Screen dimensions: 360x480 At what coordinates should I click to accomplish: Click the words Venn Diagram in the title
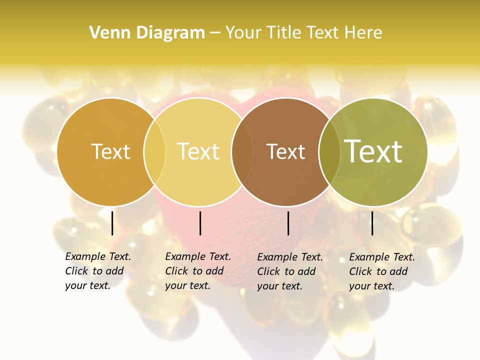pyautogui.click(x=147, y=33)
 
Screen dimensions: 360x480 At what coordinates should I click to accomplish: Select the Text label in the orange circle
pyautogui.click(x=110, y=151)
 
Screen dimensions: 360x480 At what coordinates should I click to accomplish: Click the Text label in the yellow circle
pyautogui.click(x=198, y=151)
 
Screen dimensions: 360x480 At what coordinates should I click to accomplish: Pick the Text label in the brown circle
pyautogui.click(x=285, y=151)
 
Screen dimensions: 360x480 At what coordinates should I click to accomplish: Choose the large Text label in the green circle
pyautogui.click(x=373, y=151)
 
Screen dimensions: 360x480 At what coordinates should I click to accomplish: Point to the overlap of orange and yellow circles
pyautogui.click(x=154, y=152)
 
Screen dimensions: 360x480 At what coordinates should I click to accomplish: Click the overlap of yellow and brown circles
pyautogui.click(x=242, y=152)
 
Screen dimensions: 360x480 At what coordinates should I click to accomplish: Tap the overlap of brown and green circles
pyautogui.click(x=329, y=152)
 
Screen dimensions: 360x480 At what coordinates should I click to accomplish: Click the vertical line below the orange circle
pyautogui.click(x=112, y=223)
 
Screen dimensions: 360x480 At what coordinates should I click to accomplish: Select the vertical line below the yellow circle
pyautogui.click(x=200, y=223)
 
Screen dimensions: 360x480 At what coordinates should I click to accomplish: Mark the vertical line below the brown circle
pyautogui.click(x=288, y=223)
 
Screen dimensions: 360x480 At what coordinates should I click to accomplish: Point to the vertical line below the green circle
pyautogui.click(x=372, y=223)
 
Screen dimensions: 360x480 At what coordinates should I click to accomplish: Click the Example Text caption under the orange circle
pyautogui.click(x=97, y=271)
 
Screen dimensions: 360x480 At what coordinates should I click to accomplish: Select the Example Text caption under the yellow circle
pyautogui.click(x=197, y=271)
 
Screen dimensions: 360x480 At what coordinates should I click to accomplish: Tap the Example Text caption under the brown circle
pyautogui.click(x=289, y=271)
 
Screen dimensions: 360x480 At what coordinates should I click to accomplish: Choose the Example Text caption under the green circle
pyautogui.click(x=381, y=271)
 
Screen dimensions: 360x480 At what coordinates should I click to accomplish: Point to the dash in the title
pyautogui.click(x=215, y=33)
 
